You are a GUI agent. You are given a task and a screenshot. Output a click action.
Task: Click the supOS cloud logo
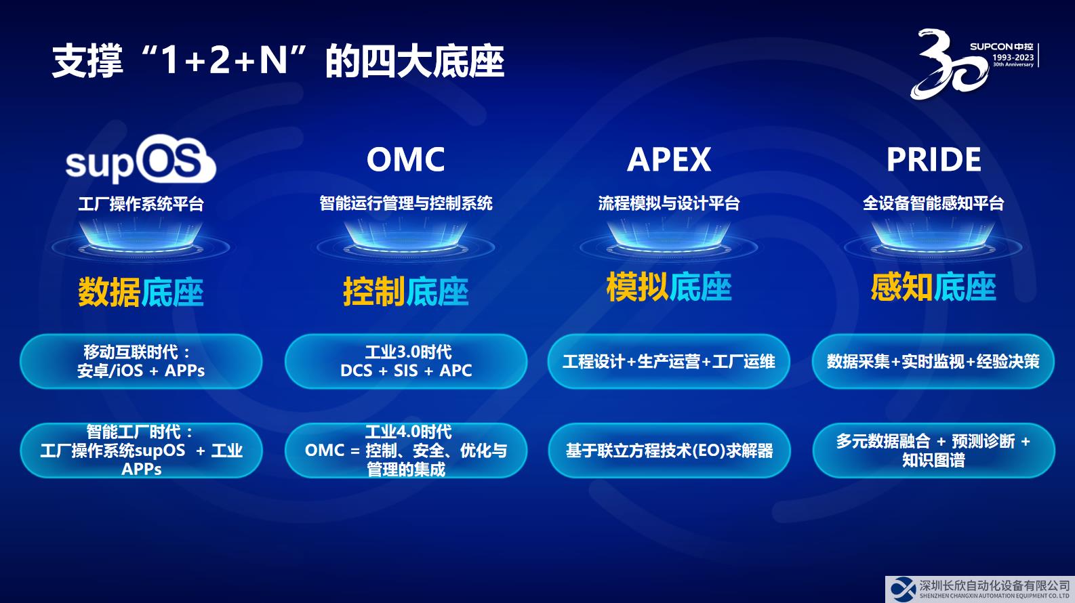[140, 159]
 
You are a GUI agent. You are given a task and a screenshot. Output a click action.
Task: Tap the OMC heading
[405, 159]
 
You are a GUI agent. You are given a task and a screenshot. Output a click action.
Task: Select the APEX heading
[668, 159]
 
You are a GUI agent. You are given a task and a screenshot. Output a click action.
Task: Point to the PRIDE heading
[933, 159]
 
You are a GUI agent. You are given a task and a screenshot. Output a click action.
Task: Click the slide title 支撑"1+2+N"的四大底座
[278, 61]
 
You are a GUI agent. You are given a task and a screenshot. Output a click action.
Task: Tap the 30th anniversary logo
[974, 64]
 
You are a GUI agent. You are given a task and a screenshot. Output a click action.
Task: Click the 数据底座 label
[140, 291]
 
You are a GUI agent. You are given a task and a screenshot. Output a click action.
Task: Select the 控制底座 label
[405, 291]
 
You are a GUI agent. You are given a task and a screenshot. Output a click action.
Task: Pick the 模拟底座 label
[668, 287]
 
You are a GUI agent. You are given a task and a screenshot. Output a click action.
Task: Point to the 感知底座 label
[933, 287]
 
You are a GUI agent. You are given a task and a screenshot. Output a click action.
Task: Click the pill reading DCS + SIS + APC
[405, 361]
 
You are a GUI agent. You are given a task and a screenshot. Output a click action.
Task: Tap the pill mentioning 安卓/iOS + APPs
[140, 361]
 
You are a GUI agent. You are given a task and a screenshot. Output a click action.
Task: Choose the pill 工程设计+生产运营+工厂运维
[668, 361]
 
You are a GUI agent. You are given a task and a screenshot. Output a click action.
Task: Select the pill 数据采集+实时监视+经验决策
[933, 361]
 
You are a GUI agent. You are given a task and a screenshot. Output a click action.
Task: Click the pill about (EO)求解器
[668, 451]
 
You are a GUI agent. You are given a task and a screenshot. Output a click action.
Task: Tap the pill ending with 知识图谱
[933, 451]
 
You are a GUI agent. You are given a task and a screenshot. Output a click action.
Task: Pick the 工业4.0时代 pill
[405, 451]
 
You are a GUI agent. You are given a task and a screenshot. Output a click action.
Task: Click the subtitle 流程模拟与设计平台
[668, 203]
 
